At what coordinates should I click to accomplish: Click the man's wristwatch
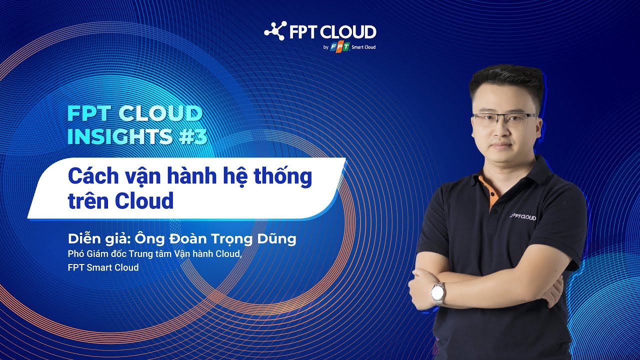pyautogui.click(x=438, y=293)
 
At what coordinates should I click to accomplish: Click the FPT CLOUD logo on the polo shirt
pyautogui.click(x=523, y=216)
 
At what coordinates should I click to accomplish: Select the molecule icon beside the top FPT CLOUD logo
pyautogui.click(x=274, y=31)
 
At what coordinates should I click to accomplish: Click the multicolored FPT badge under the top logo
pyautogui.click(x=339, y=47)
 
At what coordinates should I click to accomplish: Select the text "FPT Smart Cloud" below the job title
pyautogui.click(x=103, y=267)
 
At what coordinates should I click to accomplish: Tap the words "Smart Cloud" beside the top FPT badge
pyautogui.click(x=364, y=47)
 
